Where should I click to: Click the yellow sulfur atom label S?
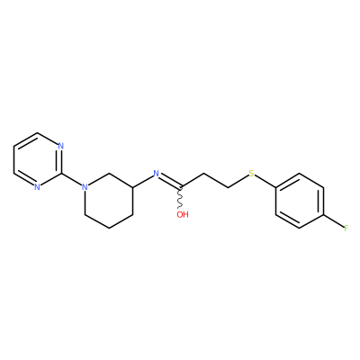coord(251,174)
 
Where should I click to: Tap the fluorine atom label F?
coord(346,229)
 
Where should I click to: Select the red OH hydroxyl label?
coord(183,214)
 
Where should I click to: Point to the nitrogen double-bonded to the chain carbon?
coord(156,174)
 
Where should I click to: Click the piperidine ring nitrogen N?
coord(85,187)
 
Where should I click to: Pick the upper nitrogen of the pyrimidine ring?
coord(61,146)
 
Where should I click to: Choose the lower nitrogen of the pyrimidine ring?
coord(37,187)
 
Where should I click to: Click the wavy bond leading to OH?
coord(180,198)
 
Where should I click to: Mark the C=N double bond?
coord(170,182)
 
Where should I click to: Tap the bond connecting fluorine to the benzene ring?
coord(334,221)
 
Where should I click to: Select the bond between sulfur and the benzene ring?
coord(265,182)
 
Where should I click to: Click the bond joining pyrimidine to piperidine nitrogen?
coord(72,180)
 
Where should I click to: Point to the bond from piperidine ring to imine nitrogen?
coord(143,181)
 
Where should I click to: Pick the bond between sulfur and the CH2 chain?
coord(238,181)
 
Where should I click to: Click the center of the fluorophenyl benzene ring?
coord(300,201)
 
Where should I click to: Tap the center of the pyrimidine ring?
coord(37,160)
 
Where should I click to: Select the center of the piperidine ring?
coord(109,201)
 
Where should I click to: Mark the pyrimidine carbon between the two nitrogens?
coord(61,174)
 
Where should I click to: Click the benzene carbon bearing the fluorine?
coord(323,215)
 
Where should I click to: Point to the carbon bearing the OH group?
coord(180,187)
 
